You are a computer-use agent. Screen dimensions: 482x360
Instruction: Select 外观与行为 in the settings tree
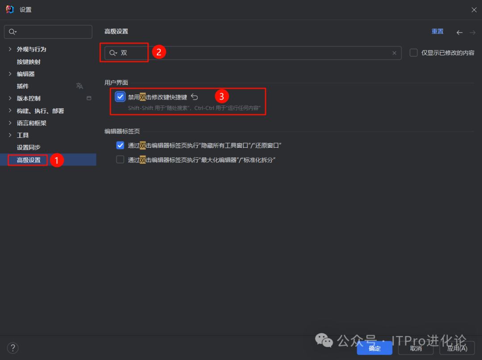pos(31,49)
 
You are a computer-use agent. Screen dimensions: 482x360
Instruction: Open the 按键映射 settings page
pos(29,62)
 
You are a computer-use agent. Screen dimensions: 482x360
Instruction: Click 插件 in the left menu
pos(23,86)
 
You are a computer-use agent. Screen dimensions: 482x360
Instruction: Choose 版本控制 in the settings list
pos(29,98)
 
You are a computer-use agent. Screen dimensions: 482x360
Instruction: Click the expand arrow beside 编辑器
pos(10,74)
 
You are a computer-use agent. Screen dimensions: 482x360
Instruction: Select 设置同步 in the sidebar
pos(29,147)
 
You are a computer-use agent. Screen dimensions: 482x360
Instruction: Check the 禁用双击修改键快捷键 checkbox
pos(120,97)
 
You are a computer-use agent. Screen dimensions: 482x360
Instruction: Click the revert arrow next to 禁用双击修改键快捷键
pos(195,97)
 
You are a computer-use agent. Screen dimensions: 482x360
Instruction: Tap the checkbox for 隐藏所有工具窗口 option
pos(120,145)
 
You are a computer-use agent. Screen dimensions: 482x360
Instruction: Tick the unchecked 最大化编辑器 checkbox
pos(120,159)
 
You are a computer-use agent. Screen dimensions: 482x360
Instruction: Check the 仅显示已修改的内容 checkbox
pos(414,53)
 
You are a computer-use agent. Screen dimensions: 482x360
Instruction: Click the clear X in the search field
pos(394,53)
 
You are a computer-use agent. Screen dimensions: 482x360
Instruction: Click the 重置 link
pos(437,32)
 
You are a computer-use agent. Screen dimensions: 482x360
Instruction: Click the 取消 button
pos(416,348)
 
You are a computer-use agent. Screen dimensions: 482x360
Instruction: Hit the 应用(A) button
pos(457,348)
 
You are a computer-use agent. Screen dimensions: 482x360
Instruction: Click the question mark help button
pos(12,348)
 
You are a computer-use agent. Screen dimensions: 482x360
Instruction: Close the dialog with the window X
pos(474,9)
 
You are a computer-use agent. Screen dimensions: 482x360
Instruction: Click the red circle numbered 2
pos(159,52)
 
